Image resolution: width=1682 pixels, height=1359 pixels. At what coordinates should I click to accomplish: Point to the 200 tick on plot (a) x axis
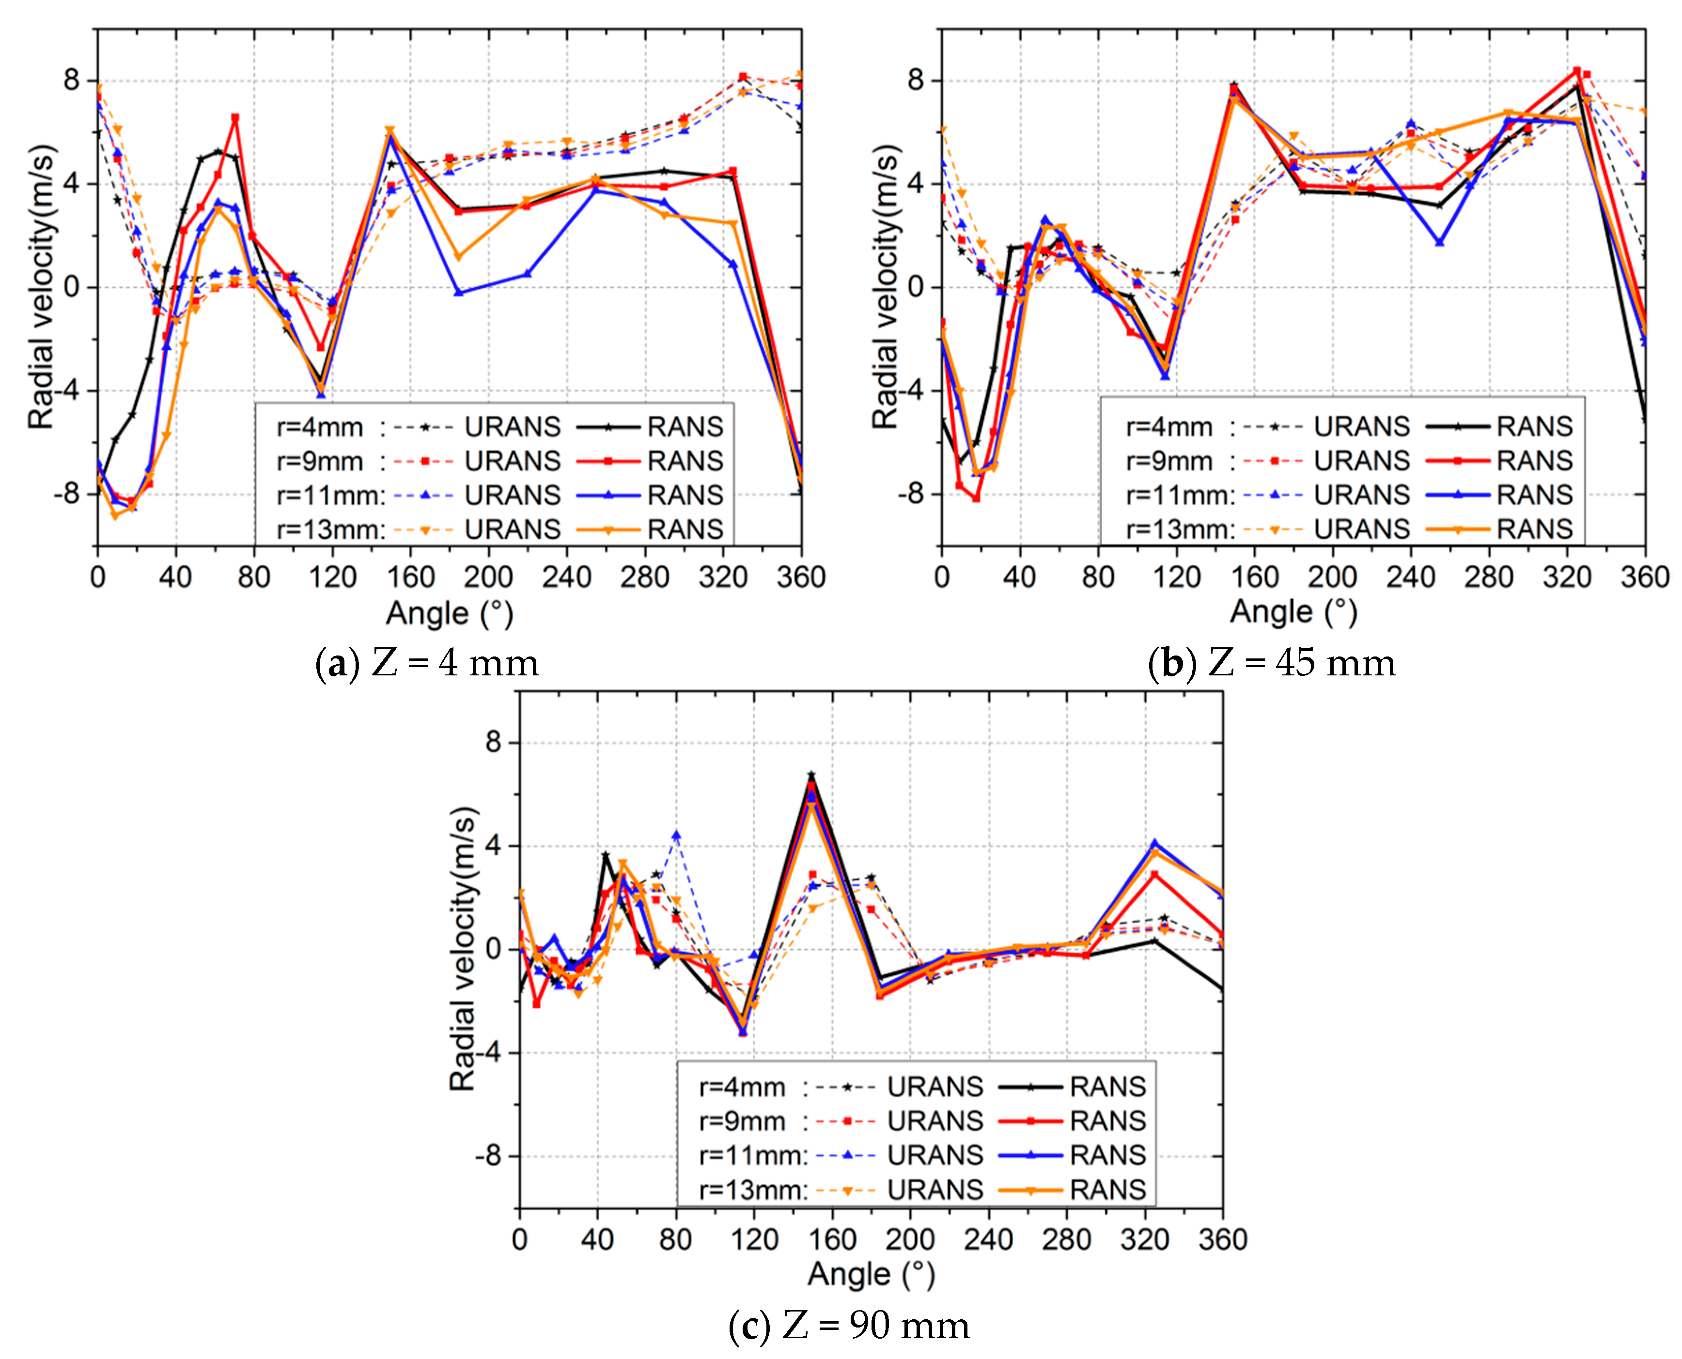coord(488,578)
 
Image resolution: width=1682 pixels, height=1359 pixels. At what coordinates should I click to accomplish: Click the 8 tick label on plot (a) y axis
coord(72,80)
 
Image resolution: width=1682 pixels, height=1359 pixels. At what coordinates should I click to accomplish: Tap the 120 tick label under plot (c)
coord(754,1239)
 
